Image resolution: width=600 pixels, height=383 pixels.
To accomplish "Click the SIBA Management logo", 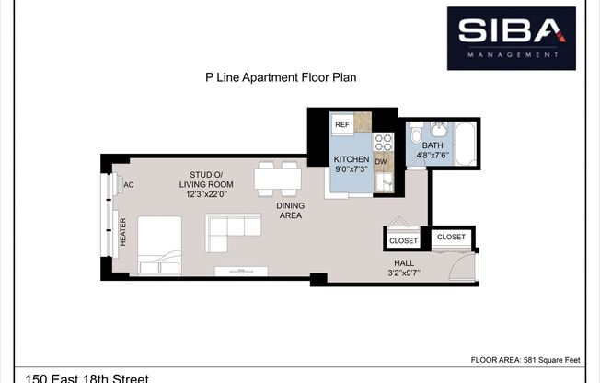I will (x=511, y=38).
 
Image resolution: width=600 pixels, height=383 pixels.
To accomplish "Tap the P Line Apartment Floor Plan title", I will (x=280, y=78).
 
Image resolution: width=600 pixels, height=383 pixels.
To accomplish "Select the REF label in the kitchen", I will (x=341, y=124).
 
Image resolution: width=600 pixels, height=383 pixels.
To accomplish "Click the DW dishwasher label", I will (x=381, y=162).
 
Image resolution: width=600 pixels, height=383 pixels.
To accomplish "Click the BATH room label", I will (x=433, y=145).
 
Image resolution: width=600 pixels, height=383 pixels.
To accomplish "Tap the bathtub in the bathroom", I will (x=466, y=144).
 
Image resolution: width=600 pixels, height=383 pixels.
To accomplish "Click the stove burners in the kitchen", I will (x=384, y=142).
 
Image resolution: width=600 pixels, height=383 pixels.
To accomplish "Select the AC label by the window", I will (x=129, y=184).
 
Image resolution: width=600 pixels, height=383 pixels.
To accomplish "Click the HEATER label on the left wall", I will (x=122, y=232).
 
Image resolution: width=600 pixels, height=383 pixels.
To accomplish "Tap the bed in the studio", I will (x=159, y=246).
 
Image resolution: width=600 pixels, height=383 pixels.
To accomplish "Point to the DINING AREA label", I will (x=289, y=210).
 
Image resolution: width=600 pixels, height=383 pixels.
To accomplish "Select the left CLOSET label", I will (x=403, y=241).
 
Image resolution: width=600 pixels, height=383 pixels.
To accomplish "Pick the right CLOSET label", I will (x=451, y=237).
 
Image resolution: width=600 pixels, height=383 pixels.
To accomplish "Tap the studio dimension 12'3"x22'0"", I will (x=206, y=194).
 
